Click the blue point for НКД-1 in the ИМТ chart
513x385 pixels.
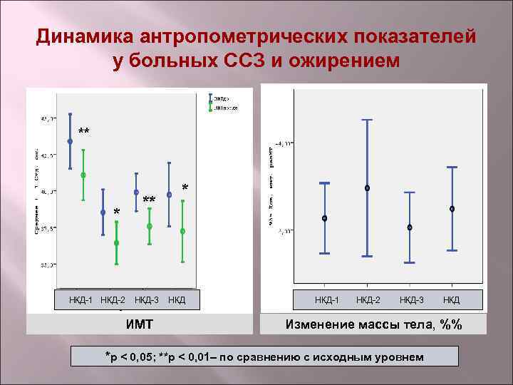coord(70,141)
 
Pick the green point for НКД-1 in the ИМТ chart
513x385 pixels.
coord(83,175)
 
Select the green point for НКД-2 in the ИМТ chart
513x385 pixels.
coord(116,243)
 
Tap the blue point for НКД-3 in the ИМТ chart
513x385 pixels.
coord(136,192)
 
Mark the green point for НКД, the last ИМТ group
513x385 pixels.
coord(183,231)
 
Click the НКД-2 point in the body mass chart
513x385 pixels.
coord(367,188)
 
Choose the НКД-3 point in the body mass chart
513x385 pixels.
coord(410,227)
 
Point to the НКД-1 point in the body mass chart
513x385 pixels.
coord(324,218)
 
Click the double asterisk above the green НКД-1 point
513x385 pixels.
coord(84,132)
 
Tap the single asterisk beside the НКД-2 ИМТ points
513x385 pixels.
coord(118,212)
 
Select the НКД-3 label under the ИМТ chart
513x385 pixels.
coord(147,299)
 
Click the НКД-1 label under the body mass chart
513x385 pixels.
coord(327,299)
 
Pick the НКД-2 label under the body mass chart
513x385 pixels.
coord(368,299)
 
